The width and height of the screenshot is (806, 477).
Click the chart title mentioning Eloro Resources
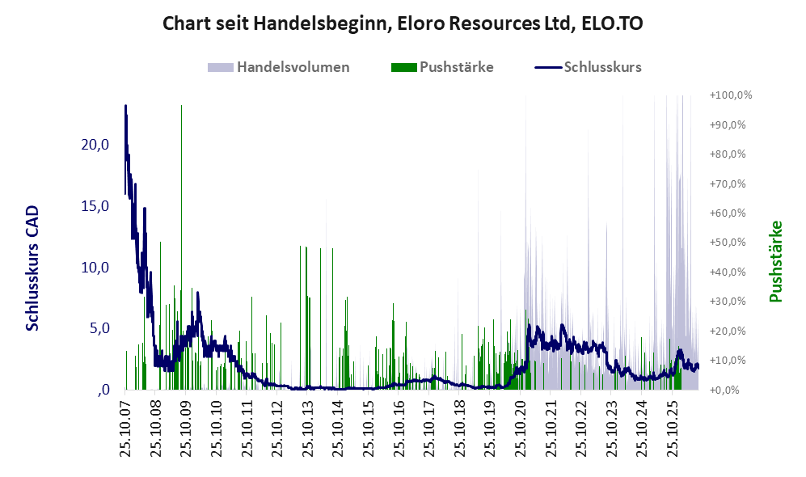coord(403,23)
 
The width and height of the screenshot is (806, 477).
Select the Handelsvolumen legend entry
coord(279,67)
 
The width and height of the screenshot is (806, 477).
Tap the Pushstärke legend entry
coord(442,67)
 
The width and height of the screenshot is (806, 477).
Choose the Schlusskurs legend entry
coord(588,67)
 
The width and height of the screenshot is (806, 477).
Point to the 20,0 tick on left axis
coord(95,145)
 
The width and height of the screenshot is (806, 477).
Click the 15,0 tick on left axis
coord(95,206)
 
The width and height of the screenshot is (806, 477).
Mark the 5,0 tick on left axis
coord(99,328)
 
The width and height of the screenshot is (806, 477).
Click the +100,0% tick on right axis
coord(731,95)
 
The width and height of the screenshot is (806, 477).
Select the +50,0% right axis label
coord(728,242)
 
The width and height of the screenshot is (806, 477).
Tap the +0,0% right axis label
coord(724,390)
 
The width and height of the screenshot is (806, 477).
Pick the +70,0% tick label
coord(728,184)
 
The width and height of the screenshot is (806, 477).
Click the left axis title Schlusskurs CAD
coord(32,268)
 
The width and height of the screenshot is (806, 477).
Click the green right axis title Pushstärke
coord(775,261)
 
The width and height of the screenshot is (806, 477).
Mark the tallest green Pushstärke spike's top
coord(181,105)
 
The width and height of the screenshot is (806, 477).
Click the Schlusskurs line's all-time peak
coord(125,105)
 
